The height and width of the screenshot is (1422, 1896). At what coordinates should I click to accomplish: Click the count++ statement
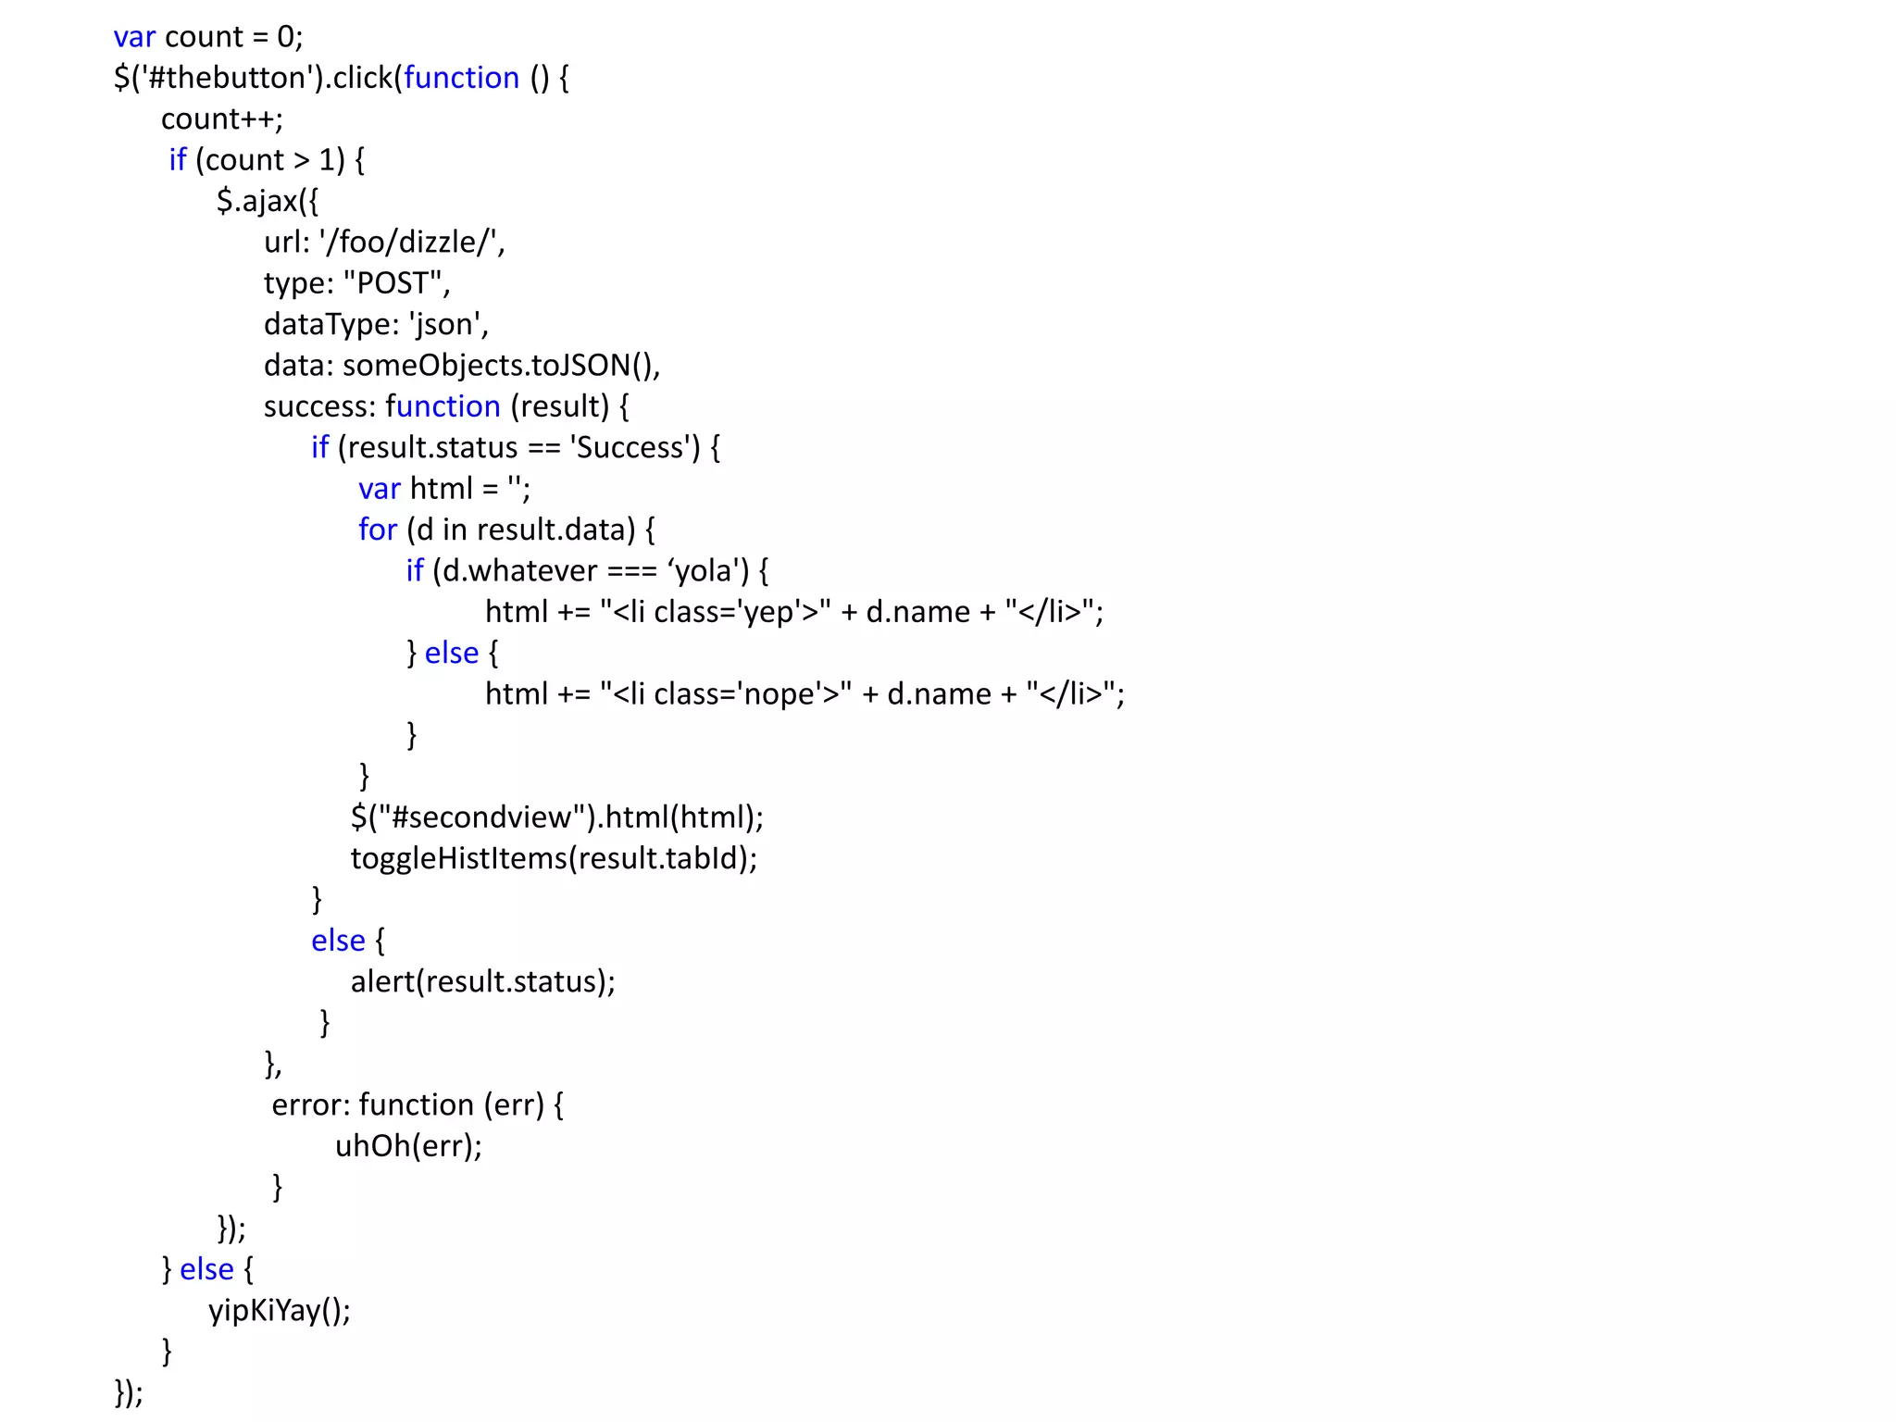(x=221, y=119)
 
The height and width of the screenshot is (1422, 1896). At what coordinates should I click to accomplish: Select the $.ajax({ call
(x=267, y=201)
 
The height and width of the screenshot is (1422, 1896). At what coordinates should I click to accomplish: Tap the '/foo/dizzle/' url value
(x=408, y=243)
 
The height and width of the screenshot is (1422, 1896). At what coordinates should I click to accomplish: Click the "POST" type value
(x=393, y=283)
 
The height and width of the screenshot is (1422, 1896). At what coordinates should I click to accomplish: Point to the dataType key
(x=328, y=325)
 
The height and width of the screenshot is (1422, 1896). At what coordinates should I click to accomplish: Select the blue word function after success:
(x=443, y=406)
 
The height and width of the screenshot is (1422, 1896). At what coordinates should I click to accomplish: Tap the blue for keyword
(x=377, y=530)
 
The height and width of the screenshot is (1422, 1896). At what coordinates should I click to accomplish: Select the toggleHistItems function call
(x=553, y=858)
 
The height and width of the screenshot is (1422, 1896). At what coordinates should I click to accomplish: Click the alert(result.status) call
(x=481, y=981)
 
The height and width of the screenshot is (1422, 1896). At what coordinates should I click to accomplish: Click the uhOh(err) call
(x=407, y=1146)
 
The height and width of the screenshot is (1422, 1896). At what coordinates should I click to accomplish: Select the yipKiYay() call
(x=279, y=1311)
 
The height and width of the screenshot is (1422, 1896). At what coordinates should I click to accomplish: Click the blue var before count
(x=134, y=37)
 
